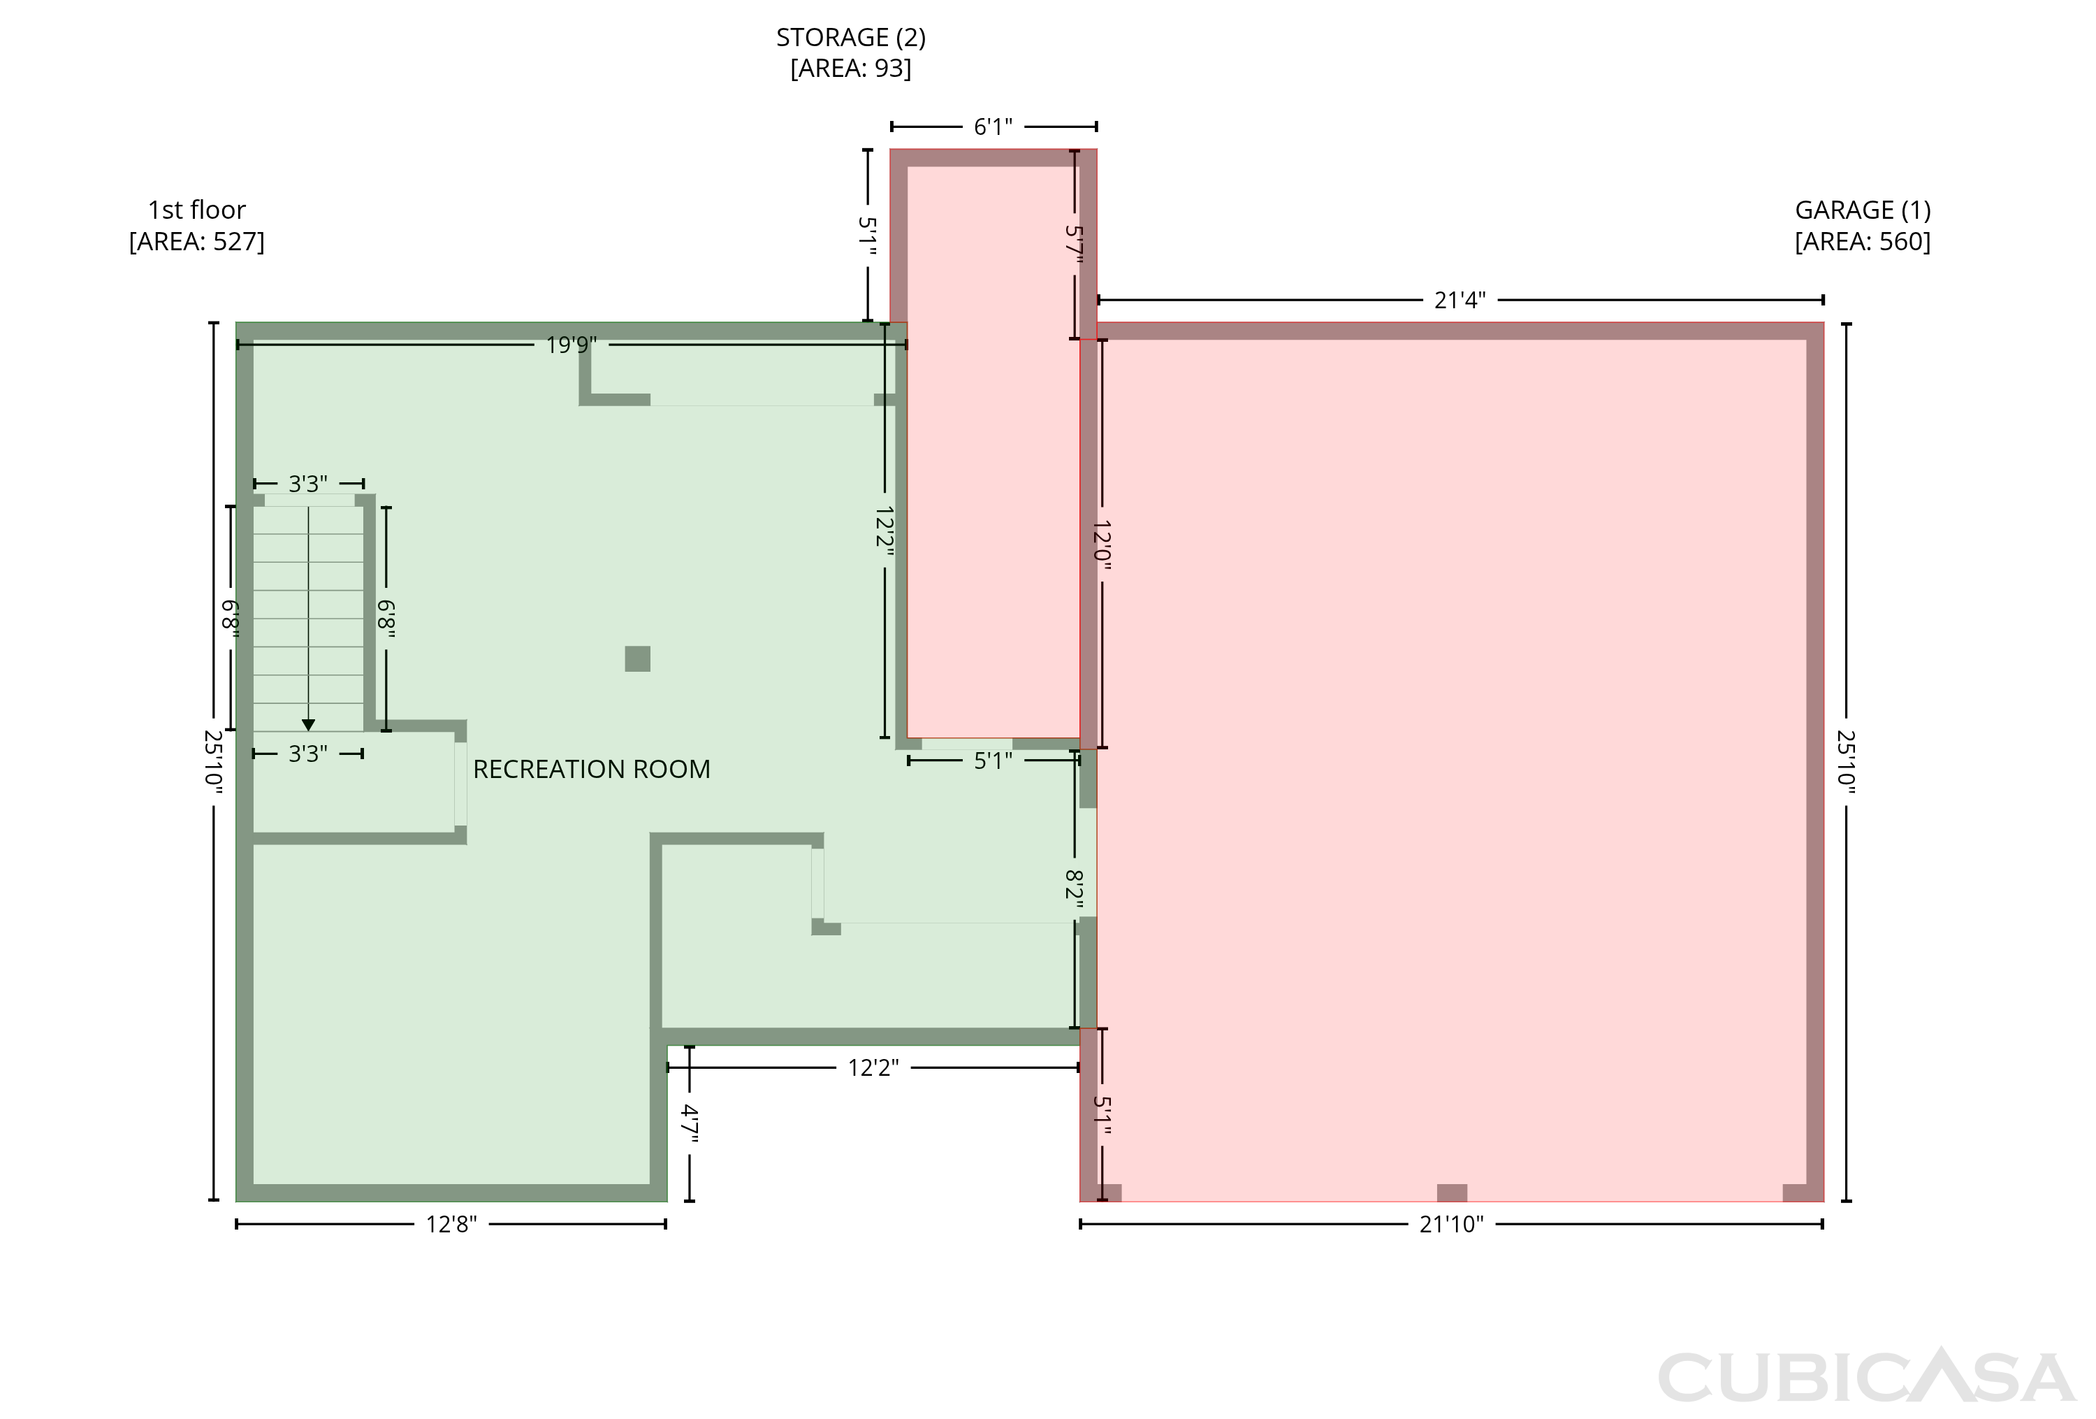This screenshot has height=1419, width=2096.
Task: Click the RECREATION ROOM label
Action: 592,770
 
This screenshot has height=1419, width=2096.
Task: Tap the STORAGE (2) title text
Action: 850,38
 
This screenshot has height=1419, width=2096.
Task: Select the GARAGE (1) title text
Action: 1863,210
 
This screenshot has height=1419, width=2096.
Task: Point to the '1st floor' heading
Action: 196,210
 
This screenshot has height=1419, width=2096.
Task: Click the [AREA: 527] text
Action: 196,242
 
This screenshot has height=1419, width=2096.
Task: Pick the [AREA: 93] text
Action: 850,69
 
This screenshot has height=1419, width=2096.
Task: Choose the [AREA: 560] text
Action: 1863,242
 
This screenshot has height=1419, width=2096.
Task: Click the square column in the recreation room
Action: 638,658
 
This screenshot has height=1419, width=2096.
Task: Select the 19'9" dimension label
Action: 572,345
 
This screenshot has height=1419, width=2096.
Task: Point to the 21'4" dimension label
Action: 1460,301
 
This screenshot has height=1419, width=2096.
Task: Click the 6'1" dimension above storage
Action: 993,127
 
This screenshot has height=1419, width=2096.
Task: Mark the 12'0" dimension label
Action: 1102,544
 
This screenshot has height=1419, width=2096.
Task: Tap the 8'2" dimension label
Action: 1074,889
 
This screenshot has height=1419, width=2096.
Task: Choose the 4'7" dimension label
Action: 690,1124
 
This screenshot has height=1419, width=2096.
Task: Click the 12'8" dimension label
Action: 451,1224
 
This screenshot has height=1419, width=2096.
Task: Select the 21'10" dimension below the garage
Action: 1451,1224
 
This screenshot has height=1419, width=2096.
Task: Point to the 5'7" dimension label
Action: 1074,245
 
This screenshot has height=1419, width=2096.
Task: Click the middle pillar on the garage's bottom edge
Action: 1452,1193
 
